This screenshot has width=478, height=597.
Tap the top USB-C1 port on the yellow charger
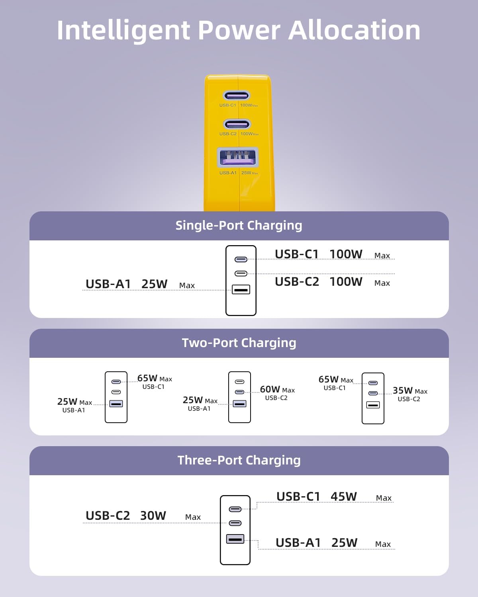[237, 96]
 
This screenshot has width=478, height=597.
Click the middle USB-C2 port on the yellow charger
[237, 124]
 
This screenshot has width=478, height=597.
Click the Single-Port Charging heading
[239, 226]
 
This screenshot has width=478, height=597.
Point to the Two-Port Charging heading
[239, 343]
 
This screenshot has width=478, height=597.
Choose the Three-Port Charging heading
[239, 460]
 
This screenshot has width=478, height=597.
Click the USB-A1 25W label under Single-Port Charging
[127, 284]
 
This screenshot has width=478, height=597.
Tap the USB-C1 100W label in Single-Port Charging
[319, 254]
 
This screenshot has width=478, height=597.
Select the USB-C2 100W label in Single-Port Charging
[319, 282]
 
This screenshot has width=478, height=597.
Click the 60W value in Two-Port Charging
[270, 389]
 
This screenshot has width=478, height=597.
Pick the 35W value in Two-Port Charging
[403, 390]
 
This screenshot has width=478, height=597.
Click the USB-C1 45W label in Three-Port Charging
[317, 497]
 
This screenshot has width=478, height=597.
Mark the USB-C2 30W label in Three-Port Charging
[126, 516]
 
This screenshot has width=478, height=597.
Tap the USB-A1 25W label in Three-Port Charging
[317, 543]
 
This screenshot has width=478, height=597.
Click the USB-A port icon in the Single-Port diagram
[241, 289]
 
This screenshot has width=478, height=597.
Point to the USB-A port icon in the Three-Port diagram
[235, 539]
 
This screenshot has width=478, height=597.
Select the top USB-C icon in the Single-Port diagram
[241, 259]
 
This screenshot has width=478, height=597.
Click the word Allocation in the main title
[354, 31]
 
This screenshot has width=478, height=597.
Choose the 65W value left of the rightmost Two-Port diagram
[329, 379]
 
